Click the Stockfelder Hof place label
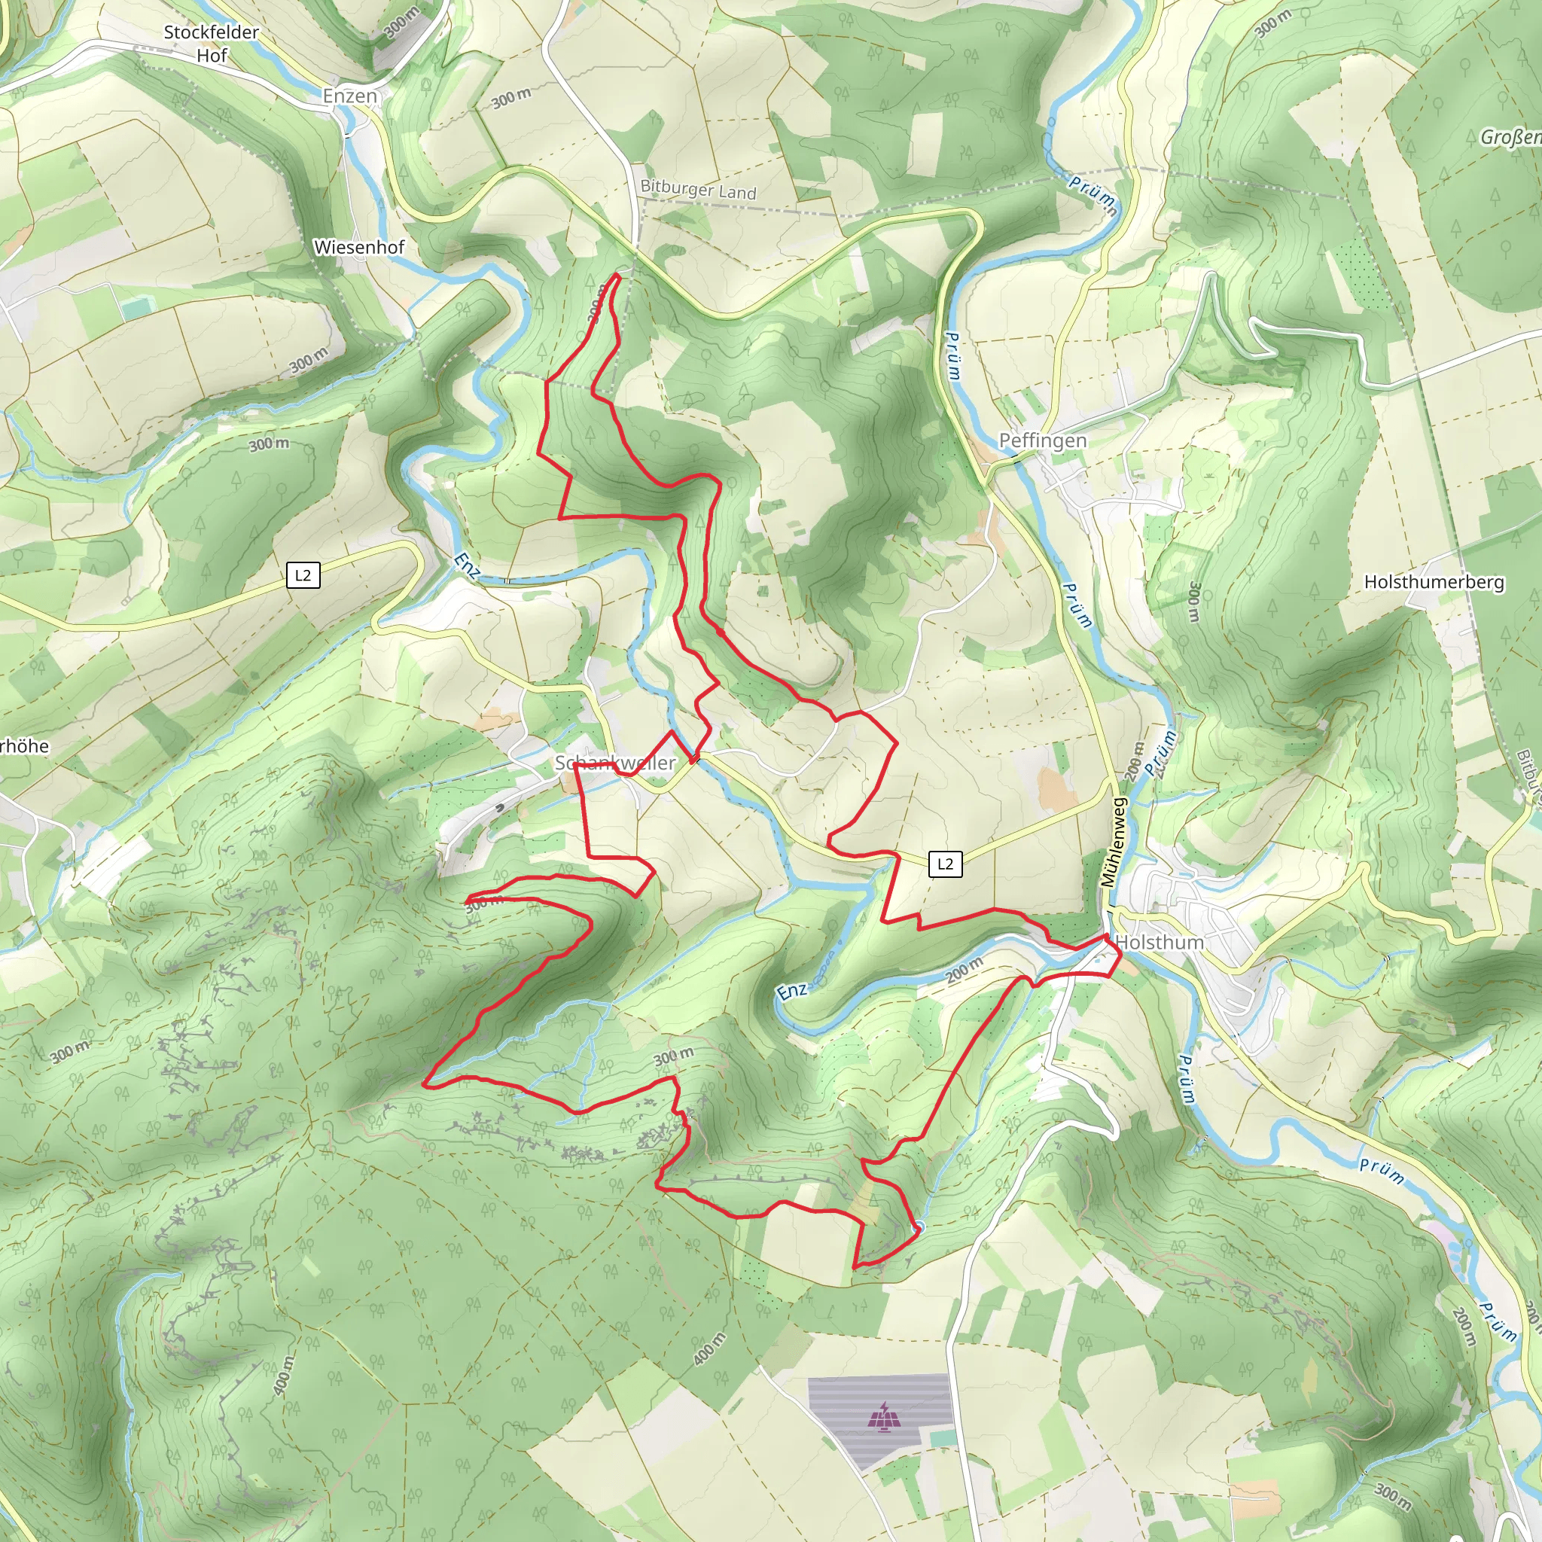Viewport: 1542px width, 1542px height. tap(212, 44)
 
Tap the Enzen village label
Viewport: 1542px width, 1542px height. tap(349, 96)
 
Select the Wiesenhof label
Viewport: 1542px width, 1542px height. tap(359, 248)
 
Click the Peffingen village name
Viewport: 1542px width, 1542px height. tap(1042, 440)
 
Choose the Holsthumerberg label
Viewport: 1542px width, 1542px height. tap(1434, 582)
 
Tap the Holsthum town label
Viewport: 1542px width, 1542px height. tap(1159, 943)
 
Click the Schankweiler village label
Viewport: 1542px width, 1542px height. tap(615, 763)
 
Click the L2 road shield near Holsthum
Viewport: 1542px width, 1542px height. tap(945, 864)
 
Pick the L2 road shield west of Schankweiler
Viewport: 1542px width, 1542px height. tap(303, 575)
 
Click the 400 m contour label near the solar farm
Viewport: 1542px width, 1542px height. tap(709, 1348)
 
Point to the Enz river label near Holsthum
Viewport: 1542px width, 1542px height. tap(792, 992)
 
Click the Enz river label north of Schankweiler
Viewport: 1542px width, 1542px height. tap(467, 566)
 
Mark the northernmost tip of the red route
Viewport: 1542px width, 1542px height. tap(617, 276)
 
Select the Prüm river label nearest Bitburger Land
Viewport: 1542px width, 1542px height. tap(1093, 194)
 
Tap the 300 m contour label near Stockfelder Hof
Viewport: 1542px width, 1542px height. tap(401, 23)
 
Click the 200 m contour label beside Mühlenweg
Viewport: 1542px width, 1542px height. tap(1134, 761)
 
